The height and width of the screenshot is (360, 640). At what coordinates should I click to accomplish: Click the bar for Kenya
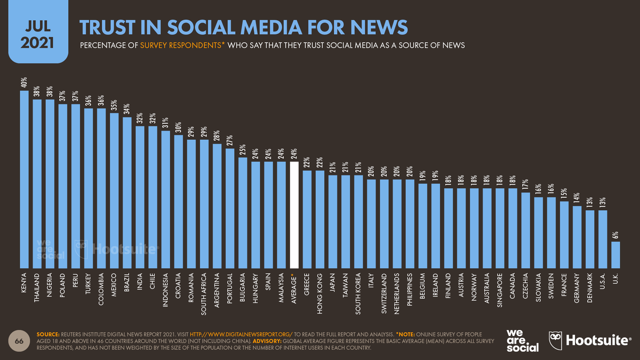(24, 179)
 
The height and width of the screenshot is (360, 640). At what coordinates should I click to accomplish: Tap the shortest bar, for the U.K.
(615, 254)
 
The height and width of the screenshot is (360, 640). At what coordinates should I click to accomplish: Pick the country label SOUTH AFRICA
(204, 295)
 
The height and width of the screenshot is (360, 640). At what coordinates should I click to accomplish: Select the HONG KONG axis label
(320, 293)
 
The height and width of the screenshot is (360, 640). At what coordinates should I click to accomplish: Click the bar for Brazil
(127, 193)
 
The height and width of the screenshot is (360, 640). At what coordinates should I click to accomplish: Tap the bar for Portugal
(230, 208)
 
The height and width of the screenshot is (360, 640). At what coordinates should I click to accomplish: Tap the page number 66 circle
(18, 342)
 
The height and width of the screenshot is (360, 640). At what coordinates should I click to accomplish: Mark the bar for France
(564, 235)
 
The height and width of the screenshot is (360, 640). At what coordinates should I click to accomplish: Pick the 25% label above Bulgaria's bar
(243, 149)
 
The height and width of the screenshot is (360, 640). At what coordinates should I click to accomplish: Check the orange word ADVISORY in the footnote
(268, 341)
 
